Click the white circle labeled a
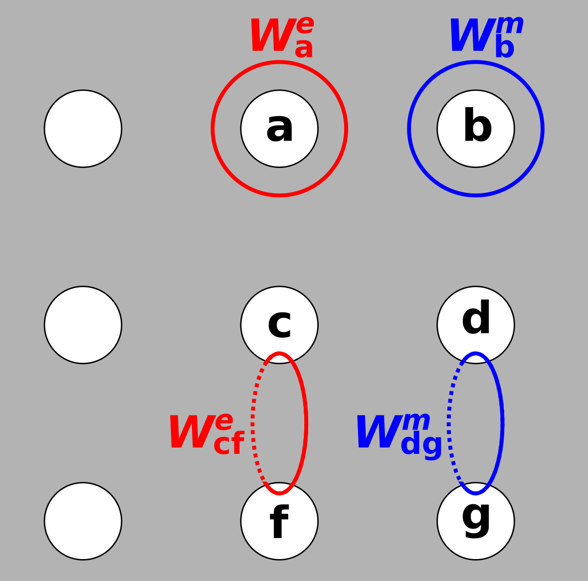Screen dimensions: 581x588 pos(279,129)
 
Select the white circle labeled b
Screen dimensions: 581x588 pos(476,129)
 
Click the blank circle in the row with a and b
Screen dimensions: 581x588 pos(83,129)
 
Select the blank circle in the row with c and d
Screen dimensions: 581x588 pos(83,325)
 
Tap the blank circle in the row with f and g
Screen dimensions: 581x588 pos(83,521)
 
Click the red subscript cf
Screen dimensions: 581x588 pos(228,443)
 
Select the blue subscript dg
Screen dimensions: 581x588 pos(421,444)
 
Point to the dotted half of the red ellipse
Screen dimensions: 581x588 pos(253,424)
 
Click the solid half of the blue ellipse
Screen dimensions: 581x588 pos(502,424)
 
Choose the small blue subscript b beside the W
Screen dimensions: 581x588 pos(504,48)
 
